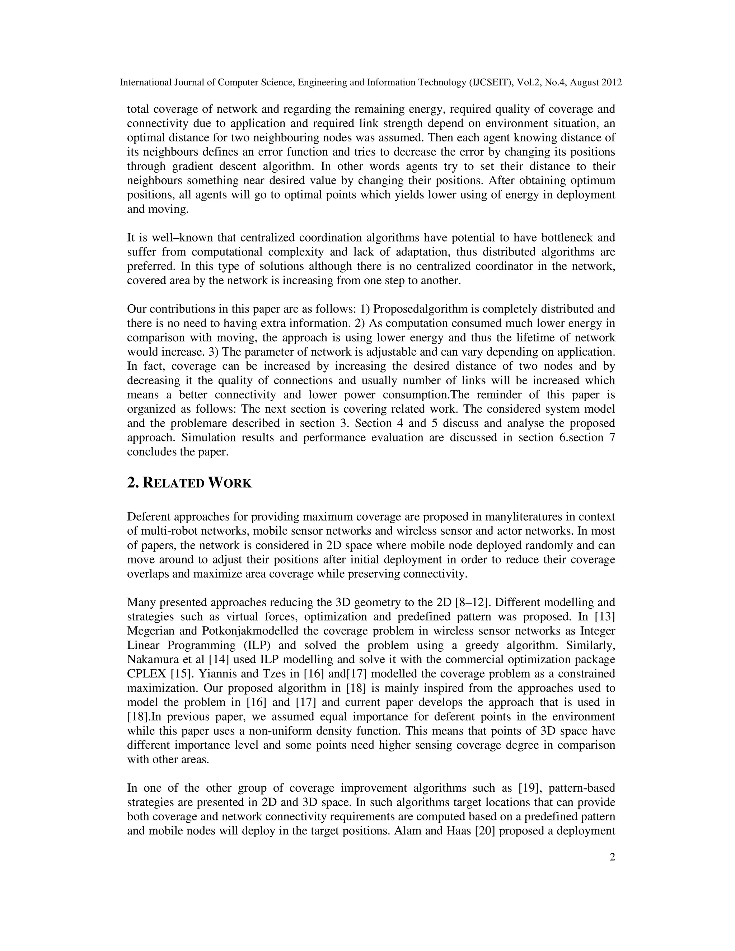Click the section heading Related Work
(189, 483)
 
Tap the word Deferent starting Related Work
(149, 517)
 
